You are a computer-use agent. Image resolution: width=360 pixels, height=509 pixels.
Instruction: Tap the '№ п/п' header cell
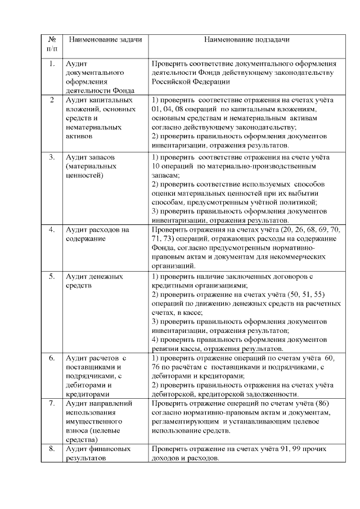(x=52, y=44)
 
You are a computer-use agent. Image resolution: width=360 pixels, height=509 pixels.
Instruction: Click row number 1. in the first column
(x=52, y=64)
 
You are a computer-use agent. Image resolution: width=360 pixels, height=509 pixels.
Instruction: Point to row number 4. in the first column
(x=52, y=229)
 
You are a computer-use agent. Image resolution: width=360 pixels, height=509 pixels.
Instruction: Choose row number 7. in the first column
(x=52, y=403)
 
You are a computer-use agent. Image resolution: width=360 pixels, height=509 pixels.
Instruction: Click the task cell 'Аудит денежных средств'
(x=94, y=281)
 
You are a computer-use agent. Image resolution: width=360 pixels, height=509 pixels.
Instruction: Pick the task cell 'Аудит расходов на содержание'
(x=97, y=234)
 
